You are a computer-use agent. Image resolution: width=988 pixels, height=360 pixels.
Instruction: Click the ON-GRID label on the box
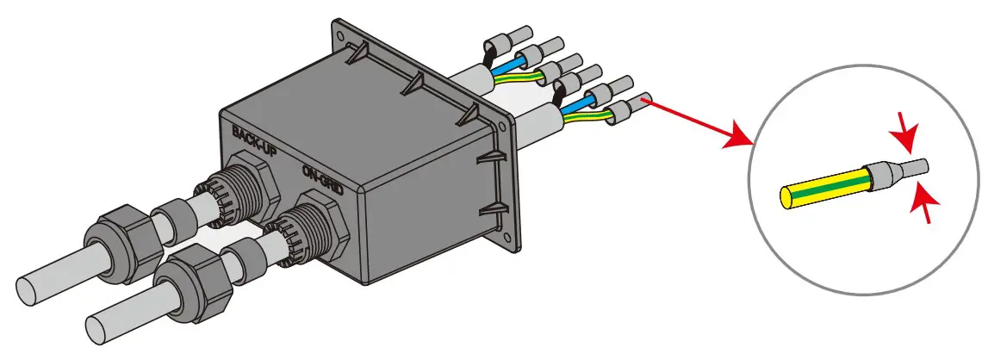(323, 179)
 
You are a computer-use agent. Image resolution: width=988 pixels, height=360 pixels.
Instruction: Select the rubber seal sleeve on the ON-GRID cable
(244, 258)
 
